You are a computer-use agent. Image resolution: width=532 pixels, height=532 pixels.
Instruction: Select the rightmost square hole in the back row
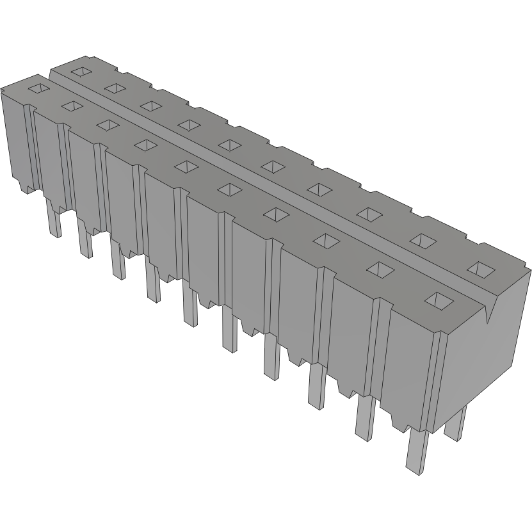click(x=481, y=269)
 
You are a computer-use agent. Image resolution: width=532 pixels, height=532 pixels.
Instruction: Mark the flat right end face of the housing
click(x=487, y=359)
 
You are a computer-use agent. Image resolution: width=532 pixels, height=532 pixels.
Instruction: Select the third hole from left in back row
click(x=150, y=105)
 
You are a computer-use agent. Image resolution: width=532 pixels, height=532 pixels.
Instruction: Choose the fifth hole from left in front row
click(x=186, y=166)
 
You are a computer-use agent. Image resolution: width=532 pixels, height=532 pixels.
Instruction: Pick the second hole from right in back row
click(x=420, y=239)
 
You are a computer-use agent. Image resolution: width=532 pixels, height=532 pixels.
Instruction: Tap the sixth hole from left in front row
click(x=229, y=189)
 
